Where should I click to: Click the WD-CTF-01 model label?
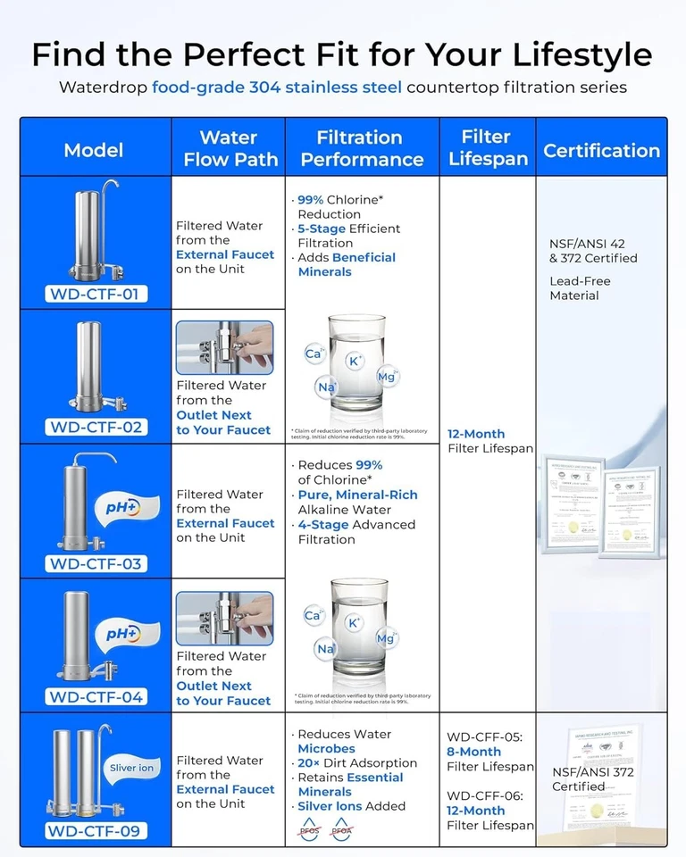[96, 294]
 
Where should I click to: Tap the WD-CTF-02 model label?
[96, 427]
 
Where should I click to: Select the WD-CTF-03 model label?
[96, 563]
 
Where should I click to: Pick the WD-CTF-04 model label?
[96, 697]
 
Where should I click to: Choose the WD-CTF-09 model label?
[96, 832]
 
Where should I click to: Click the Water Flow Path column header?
[228, 148]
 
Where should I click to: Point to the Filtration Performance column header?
[362, 148]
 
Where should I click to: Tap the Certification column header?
[601, 150]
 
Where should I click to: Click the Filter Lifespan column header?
[487, 148]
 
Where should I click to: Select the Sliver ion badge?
[131, 768]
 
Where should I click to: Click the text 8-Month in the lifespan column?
[474, 753]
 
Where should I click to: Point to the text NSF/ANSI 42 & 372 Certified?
[593, 251]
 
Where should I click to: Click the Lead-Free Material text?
[580, 288]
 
